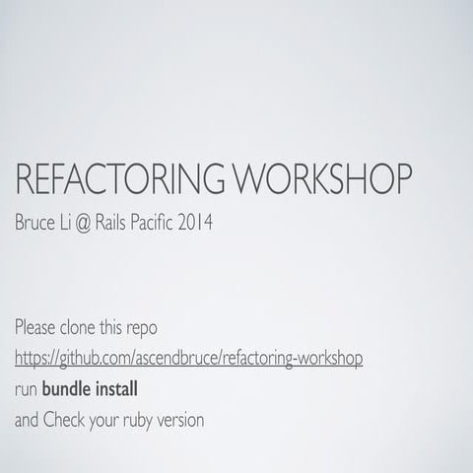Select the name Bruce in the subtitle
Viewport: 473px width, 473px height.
coord(38,223)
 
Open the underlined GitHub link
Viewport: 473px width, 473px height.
coord(189,358)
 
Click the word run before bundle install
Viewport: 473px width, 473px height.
coord(27,389)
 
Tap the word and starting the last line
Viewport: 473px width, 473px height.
coord(29,420)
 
